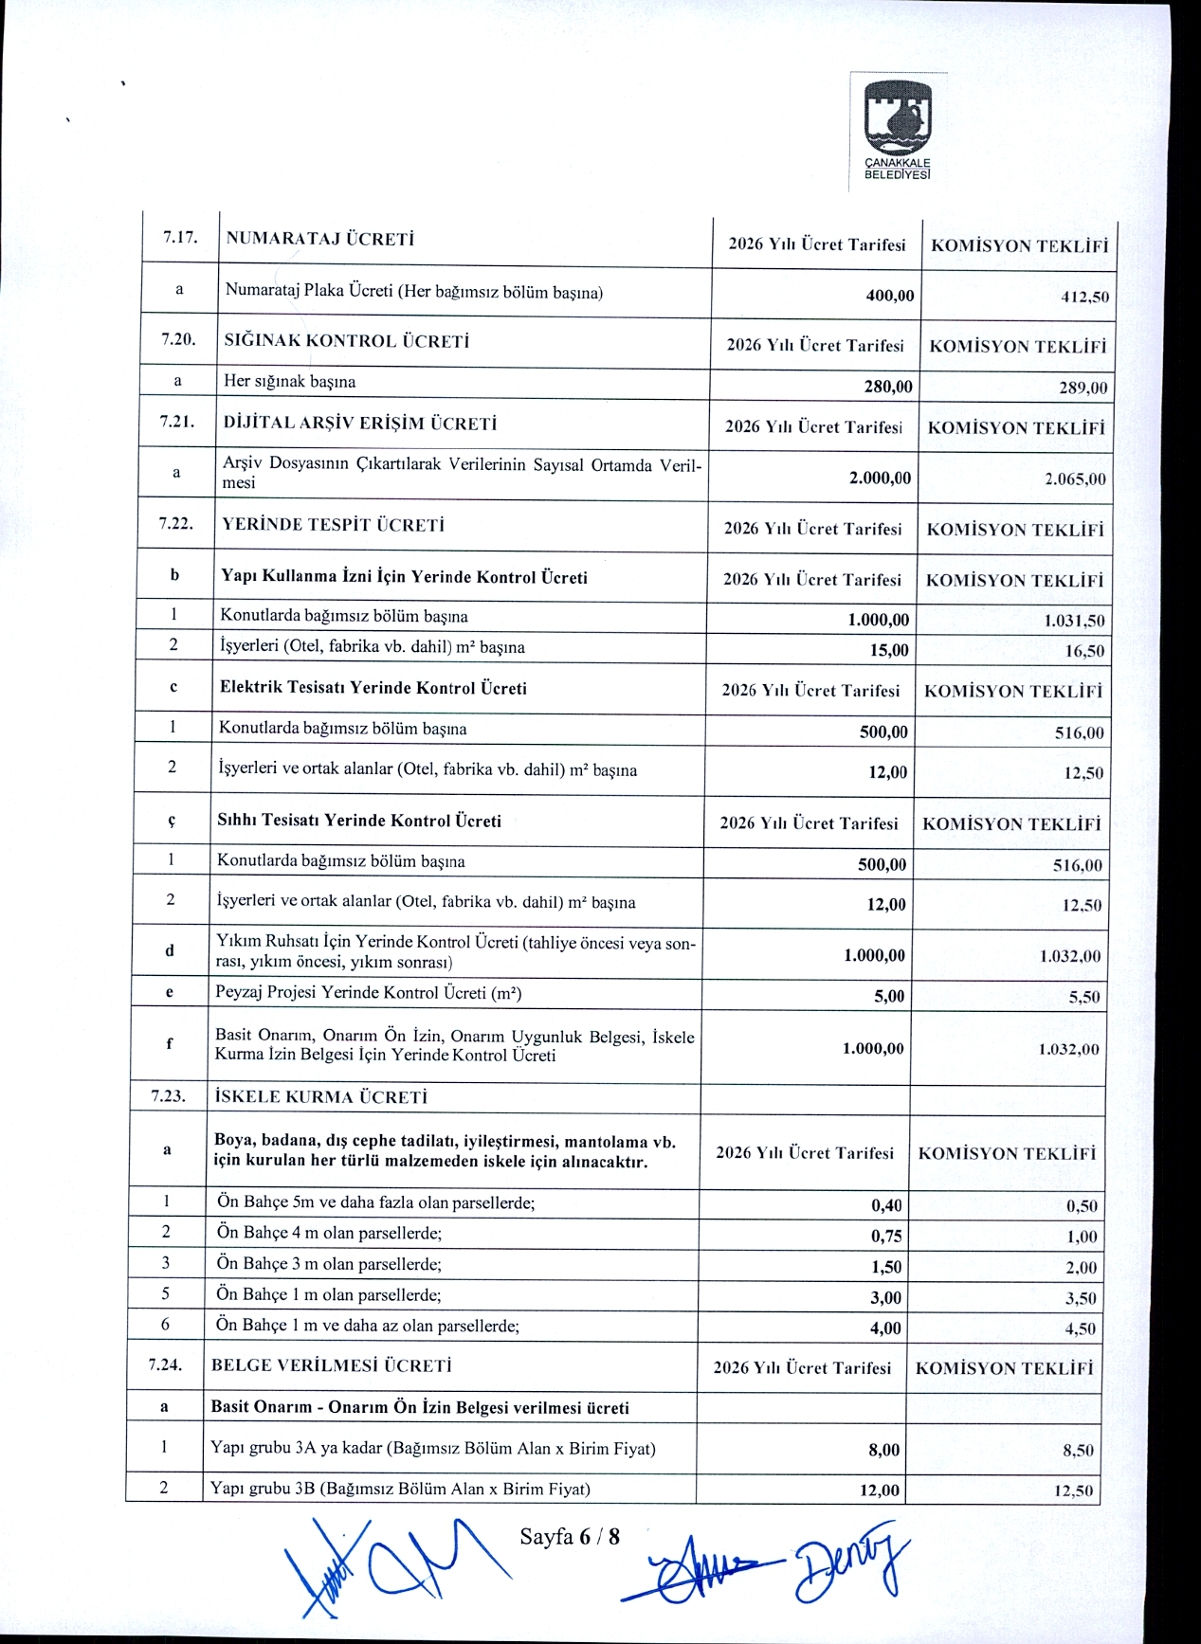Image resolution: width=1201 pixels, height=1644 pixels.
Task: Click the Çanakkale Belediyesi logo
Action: coord(898,130)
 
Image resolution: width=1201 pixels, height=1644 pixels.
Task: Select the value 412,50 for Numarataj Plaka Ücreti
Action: coord(1084,297)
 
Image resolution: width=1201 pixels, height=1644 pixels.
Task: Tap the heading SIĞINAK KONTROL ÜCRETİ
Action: coord(347,341)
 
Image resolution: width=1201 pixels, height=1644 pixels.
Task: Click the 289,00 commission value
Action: coord(1083,388)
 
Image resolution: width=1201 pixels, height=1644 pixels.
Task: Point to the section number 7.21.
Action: coord(177,423)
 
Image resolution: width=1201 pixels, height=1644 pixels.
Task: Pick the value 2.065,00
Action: coord(1075,479)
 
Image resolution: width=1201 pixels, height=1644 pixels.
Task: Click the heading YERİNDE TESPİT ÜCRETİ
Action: coord(333,525)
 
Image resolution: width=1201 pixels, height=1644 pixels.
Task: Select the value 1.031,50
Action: coord(1074,621)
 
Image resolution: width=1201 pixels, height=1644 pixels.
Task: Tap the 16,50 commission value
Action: coord(1084,651)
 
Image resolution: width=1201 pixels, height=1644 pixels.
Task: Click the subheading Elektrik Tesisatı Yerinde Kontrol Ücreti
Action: coord(373,688)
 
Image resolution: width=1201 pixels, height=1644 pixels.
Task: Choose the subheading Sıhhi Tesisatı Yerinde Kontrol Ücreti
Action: coord(359,821)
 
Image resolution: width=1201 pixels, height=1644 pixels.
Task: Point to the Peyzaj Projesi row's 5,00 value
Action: coord(888,996)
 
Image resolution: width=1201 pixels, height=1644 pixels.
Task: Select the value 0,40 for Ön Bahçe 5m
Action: coord(886,1205)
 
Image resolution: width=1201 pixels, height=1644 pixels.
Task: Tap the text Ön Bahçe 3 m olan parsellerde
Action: coord(329,1264)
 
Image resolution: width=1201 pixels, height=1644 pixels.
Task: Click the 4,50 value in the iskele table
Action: coord(1080,1328)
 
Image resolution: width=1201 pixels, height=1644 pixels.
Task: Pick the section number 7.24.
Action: coord(165,1365)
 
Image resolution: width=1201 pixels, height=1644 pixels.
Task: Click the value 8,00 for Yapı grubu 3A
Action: coord(883,1450)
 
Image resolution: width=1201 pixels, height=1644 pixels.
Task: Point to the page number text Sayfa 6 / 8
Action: coord(570,1536)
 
